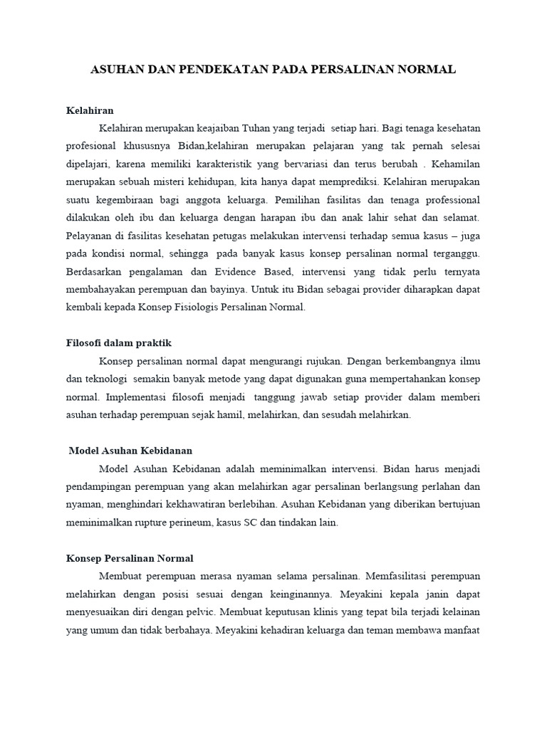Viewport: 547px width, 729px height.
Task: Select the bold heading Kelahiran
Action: tap(90, 111)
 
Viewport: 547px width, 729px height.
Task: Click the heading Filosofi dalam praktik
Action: tap(119, 343)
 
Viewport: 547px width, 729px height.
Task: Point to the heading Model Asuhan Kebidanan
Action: tap(131, 451)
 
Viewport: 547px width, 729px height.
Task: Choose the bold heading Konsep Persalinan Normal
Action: tap(130, 558)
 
